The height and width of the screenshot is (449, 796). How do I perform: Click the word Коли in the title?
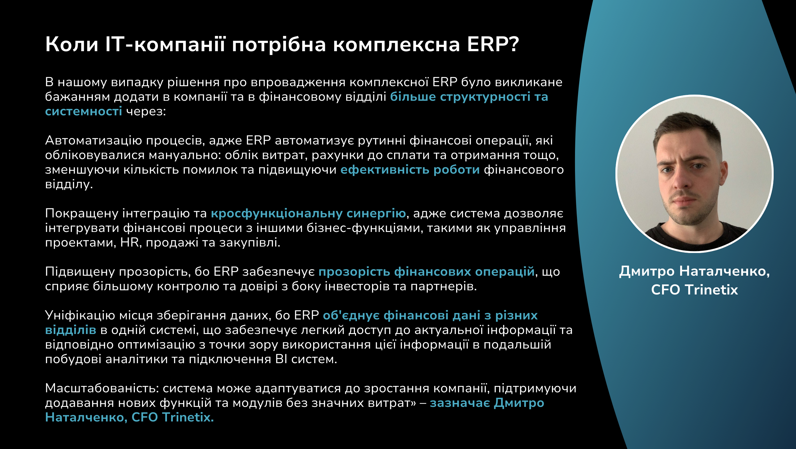[x=72, y=44]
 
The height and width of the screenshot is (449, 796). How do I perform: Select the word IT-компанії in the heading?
[x=165, y=44]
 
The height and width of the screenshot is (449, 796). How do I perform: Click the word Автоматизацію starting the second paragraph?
[x=94, y=141]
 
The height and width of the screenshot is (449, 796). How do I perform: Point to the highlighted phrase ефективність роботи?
[x=410, y=169]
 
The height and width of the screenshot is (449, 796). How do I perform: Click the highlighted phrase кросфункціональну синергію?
[x=308, y=213]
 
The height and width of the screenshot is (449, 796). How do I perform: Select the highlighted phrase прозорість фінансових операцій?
[x=426, y=271]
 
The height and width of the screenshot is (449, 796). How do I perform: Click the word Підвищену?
[x=80, y=271]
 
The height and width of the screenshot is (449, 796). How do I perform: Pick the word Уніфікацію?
[x=80, y=315]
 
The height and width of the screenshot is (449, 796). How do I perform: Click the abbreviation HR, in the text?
[x=131, y=243]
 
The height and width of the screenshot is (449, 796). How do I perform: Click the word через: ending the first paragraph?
[x=146, y=111]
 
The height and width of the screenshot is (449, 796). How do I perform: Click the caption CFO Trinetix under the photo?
[x=694, y=290]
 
